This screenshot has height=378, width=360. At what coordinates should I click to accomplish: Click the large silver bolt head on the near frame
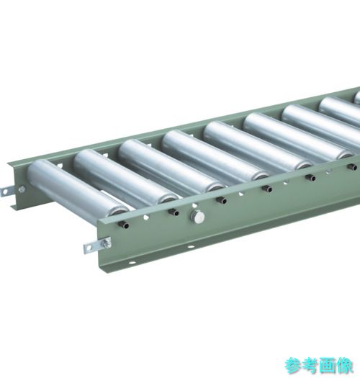198,217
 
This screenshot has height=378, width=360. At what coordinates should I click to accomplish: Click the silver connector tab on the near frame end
97,245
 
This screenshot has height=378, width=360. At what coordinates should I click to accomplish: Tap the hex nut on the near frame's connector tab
107,243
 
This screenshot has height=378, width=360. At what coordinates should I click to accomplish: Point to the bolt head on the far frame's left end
22,189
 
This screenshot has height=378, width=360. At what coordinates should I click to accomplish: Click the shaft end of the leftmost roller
125,225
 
